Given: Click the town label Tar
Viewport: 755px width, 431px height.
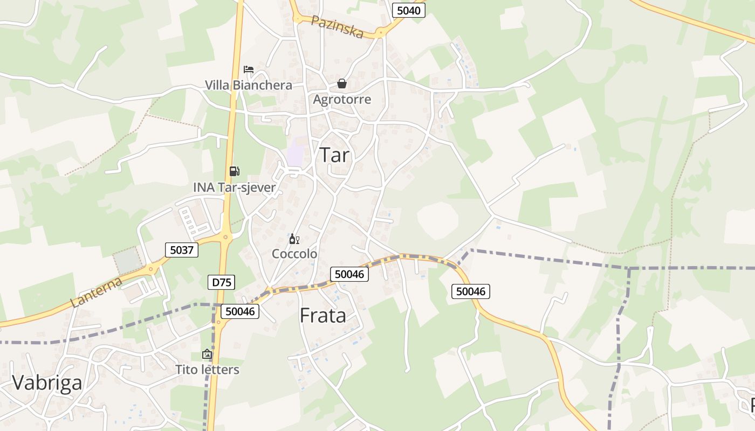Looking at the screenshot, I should pyautogui.click(x=335, y=155).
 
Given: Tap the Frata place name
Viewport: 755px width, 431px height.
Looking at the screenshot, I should pyautogui.click(x=322, y=315).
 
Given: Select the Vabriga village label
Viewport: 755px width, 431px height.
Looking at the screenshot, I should pyautogui.click(x=47, y=383).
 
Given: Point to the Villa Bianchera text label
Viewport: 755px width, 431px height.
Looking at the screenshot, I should pyautogui.click(x=249, y=85).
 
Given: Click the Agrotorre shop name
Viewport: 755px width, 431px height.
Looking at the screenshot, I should pyautogui.click(x=342, y=99).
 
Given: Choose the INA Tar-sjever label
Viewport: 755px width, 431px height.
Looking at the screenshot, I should pyautogui.click(x=235, y=187).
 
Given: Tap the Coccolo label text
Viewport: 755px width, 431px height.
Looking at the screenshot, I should pyautogui.click(x=294, y=254).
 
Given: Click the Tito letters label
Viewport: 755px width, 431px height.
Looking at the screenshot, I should pyautogui.click(x=207, y=370).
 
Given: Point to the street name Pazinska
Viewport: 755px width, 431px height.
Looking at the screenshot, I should pyautogui.click(x=338, y=26).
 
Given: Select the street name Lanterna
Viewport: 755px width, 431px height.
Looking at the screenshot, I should pyautogui.click(x=97, y=292).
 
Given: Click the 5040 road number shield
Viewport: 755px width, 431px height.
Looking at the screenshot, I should pyautogui.click(x=408, y=10).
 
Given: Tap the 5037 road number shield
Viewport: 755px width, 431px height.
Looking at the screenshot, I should pyautogui.click(x=181, y=250).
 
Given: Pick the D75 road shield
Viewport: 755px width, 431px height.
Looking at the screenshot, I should pyautogui.click(x=221, y=282).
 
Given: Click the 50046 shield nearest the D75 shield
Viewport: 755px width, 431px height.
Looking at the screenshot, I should pyautogui.click(x=241, y=311).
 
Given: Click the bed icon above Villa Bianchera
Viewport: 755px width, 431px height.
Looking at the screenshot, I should pyautogui.click(x=249, y=69).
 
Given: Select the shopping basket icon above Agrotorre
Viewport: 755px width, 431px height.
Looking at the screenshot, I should pyautogui.click(x=342, y=84).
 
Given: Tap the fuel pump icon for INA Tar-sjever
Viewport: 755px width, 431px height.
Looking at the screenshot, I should pyautogui.click(x=234, y=171).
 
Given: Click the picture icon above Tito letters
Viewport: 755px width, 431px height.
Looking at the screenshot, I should pyautogui.click(x=207, y=354).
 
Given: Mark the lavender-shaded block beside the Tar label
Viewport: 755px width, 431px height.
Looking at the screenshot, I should pyautogui.click(x=295, y=153).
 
